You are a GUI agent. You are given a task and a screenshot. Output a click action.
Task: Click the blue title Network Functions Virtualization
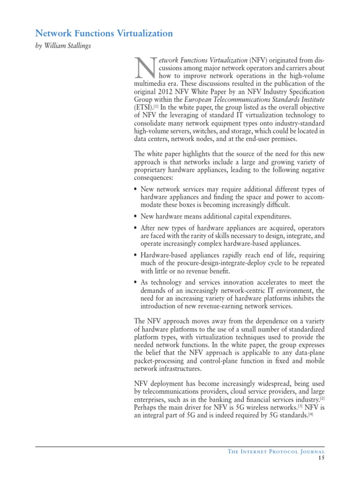[x=104, y=33]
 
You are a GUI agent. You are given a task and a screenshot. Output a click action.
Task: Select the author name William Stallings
[x=70, y=46]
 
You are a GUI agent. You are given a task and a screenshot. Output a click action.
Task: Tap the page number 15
[x=321, y=458]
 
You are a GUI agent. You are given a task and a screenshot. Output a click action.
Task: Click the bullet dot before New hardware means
[x=135, y=217]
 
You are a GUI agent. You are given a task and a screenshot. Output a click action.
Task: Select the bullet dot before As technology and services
[x=135, y=282]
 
